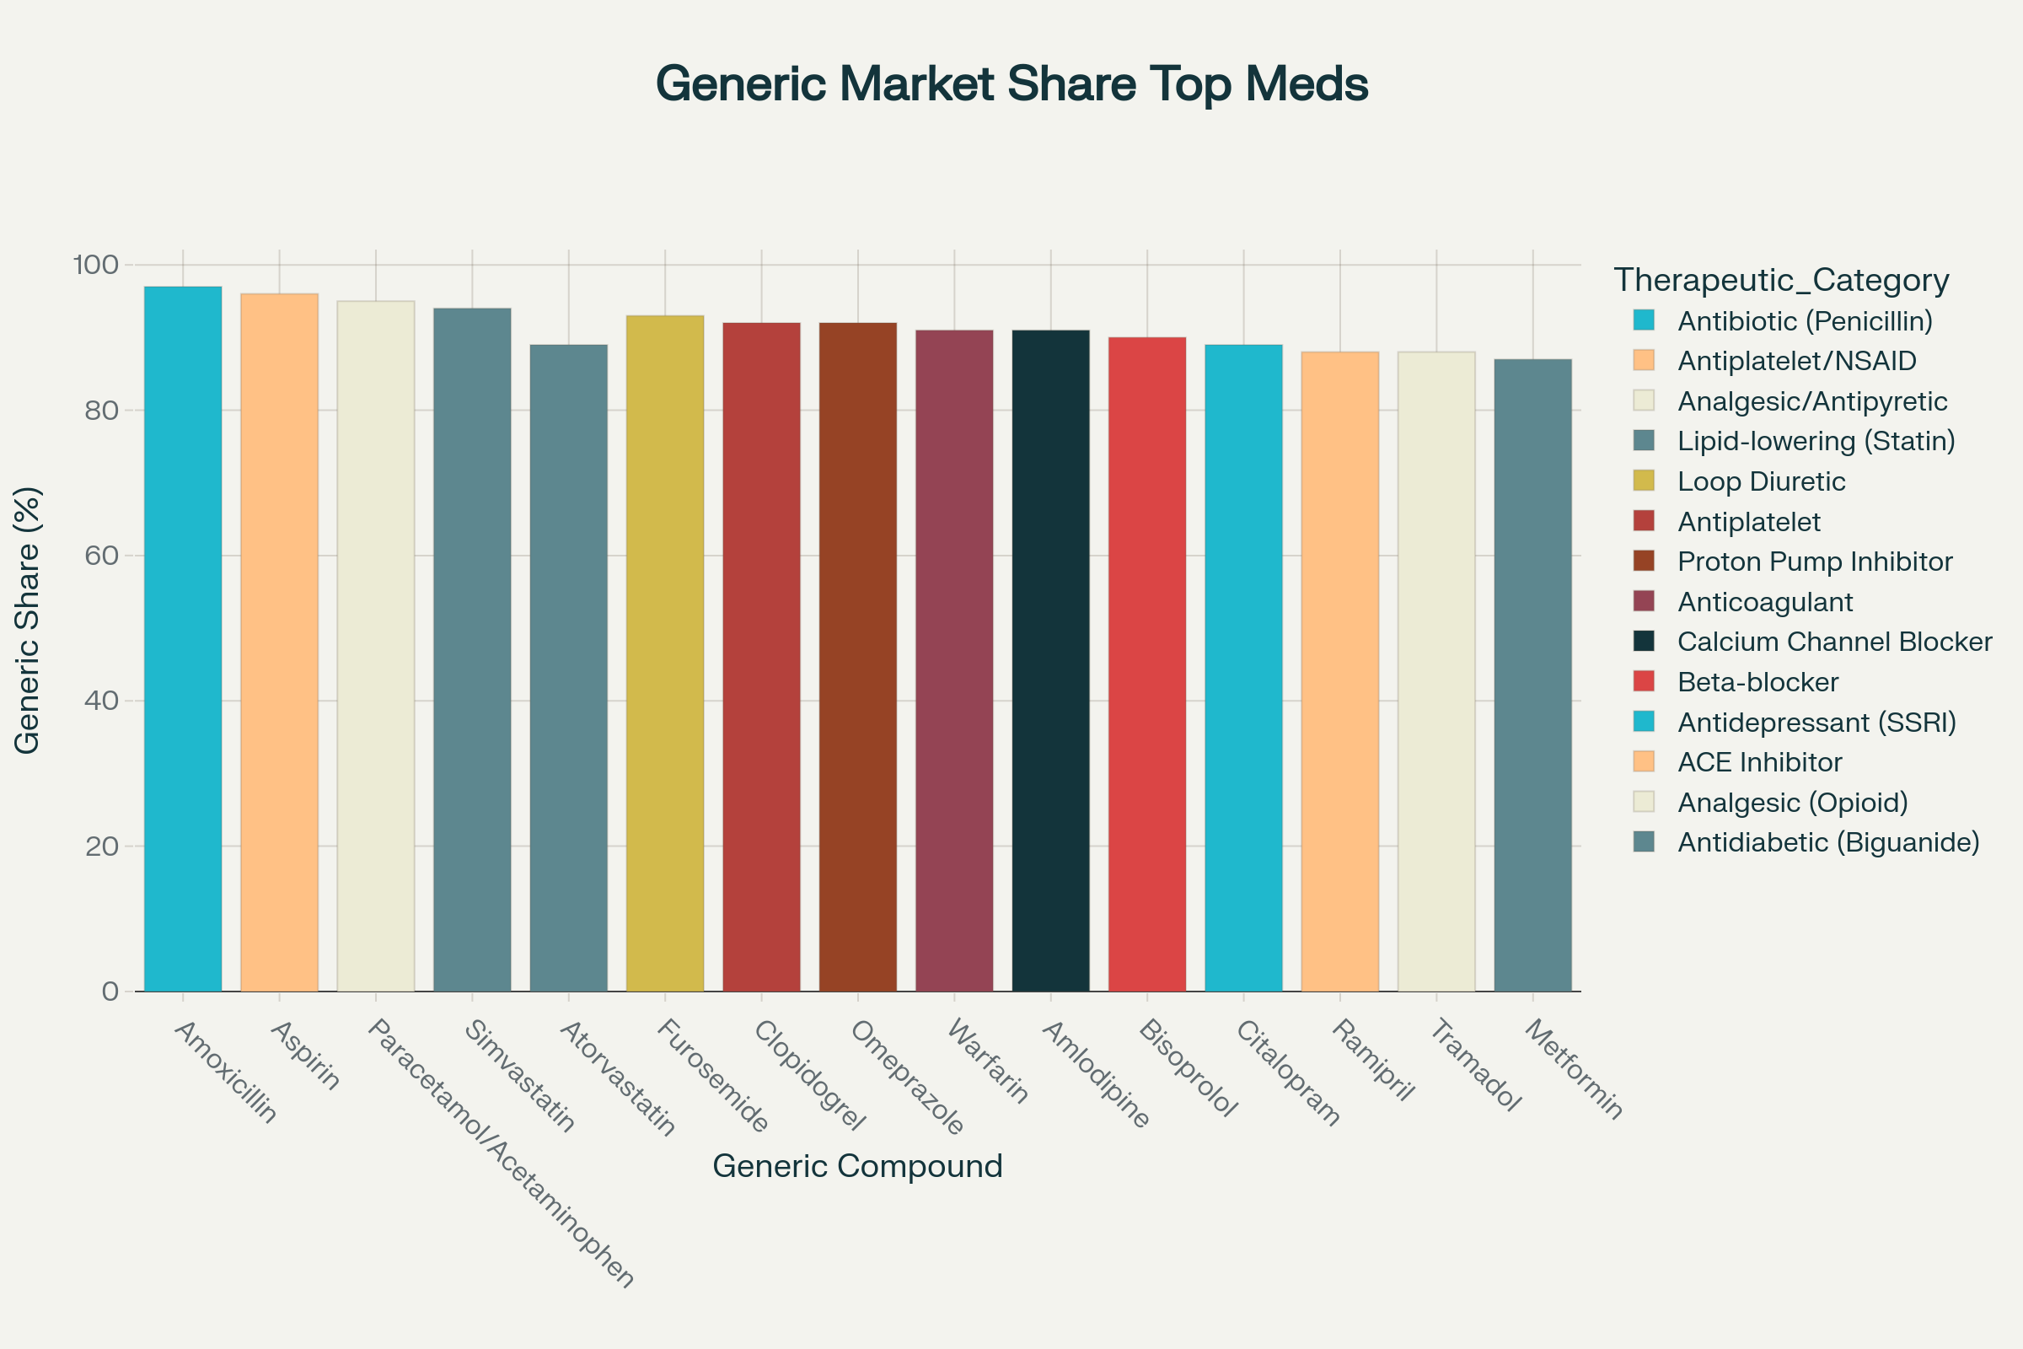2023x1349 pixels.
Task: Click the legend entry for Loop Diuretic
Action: pyautogui.click(x=1761, y=481)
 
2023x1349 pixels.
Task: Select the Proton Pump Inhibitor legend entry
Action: pyautogui.click(x=1814, y=562)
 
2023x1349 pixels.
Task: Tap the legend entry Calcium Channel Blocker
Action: pyautogui.click(x=1834, y=642)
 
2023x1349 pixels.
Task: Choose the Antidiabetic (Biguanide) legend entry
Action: pyautogui.click(x=1827, y=842)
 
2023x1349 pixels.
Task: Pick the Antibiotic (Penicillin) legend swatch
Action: pyautogui.click(x=1644, y=321)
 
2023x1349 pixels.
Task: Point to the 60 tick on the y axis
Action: pyautogui.click(x=100, y=556)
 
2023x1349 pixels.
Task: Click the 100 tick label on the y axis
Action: pyautogui.click(x=95, y=264)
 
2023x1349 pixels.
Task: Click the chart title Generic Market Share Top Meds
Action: pyautogui.click(x=1011, y=84)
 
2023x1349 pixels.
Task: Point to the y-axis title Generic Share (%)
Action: pyautogui.click(x=28, y=621)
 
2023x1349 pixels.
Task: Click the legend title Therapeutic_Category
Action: pyautogui.click(x=1780, y=281)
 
